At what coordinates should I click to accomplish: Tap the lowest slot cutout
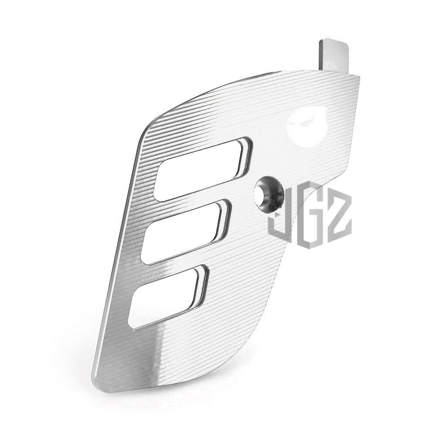[168, 296]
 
